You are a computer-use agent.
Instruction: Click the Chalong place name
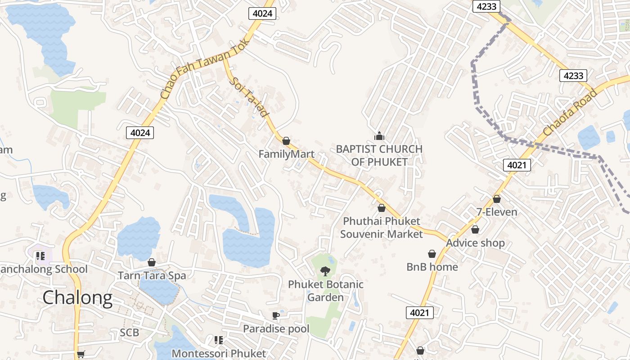77,298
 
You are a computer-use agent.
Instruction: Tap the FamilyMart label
286,154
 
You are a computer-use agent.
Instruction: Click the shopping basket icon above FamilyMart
286,141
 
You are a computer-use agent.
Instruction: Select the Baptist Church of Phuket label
379,155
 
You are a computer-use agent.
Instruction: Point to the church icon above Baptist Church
379,136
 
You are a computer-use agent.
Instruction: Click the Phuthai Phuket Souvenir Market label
382,228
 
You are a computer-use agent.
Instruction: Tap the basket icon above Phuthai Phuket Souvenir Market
382,208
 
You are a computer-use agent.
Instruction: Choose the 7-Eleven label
497,212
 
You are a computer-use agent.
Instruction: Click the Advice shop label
475,243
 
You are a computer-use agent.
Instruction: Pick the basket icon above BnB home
432,254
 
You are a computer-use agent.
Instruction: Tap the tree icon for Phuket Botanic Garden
325,271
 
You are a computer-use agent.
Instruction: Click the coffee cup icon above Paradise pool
276,315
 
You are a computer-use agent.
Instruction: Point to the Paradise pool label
276,329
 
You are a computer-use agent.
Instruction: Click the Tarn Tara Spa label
152,275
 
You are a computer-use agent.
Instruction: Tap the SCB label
129,333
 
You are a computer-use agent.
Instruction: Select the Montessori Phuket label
219,354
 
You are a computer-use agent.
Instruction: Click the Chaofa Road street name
570,113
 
